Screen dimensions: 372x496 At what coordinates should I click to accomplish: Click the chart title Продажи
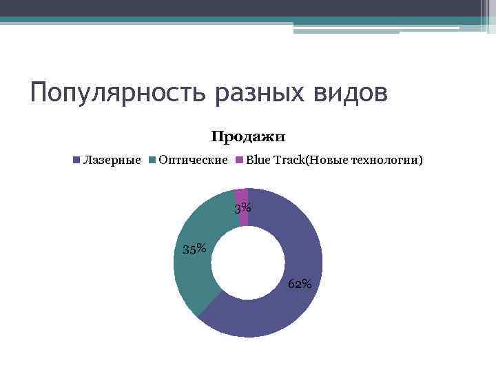(x=248, y=137)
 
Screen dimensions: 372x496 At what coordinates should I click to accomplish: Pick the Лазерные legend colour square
(x=77, y=161)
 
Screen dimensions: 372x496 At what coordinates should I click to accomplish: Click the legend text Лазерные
(x=112, y=161)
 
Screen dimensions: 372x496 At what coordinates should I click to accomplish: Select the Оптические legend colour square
(x=152, y=161)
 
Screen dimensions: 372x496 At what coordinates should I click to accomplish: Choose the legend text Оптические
(x=193, y=161)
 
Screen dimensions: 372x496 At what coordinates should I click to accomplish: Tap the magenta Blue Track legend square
(x=240, y=161)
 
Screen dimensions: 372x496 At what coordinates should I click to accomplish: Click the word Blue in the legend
(x=258, y=161)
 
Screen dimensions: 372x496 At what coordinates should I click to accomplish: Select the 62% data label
(x=300, y=284)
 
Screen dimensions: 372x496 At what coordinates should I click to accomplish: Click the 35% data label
(x=194, y=249)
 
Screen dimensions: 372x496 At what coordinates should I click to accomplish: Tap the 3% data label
(x=242, y=208)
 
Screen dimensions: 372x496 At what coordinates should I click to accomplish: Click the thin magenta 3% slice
(x=242, y=195)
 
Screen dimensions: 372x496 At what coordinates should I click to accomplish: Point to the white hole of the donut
(x=248, y=262)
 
